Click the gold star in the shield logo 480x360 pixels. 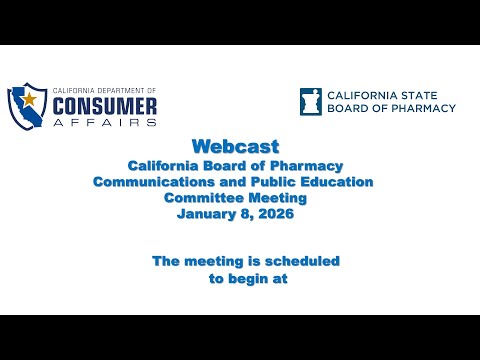29,99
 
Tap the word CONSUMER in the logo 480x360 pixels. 105,106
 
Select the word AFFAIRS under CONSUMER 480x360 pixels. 105,122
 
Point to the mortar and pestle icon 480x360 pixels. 311,102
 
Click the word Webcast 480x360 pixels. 236,146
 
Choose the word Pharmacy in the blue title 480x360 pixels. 306,166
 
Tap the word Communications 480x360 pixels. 154,182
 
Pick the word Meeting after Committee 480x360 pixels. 278,198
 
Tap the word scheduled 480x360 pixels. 302,261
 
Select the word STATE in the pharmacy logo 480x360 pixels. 419,96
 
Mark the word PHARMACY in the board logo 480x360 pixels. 423,108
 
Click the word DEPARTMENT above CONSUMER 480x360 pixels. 116,90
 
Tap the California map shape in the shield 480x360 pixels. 26,107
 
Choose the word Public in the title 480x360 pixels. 273,182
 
